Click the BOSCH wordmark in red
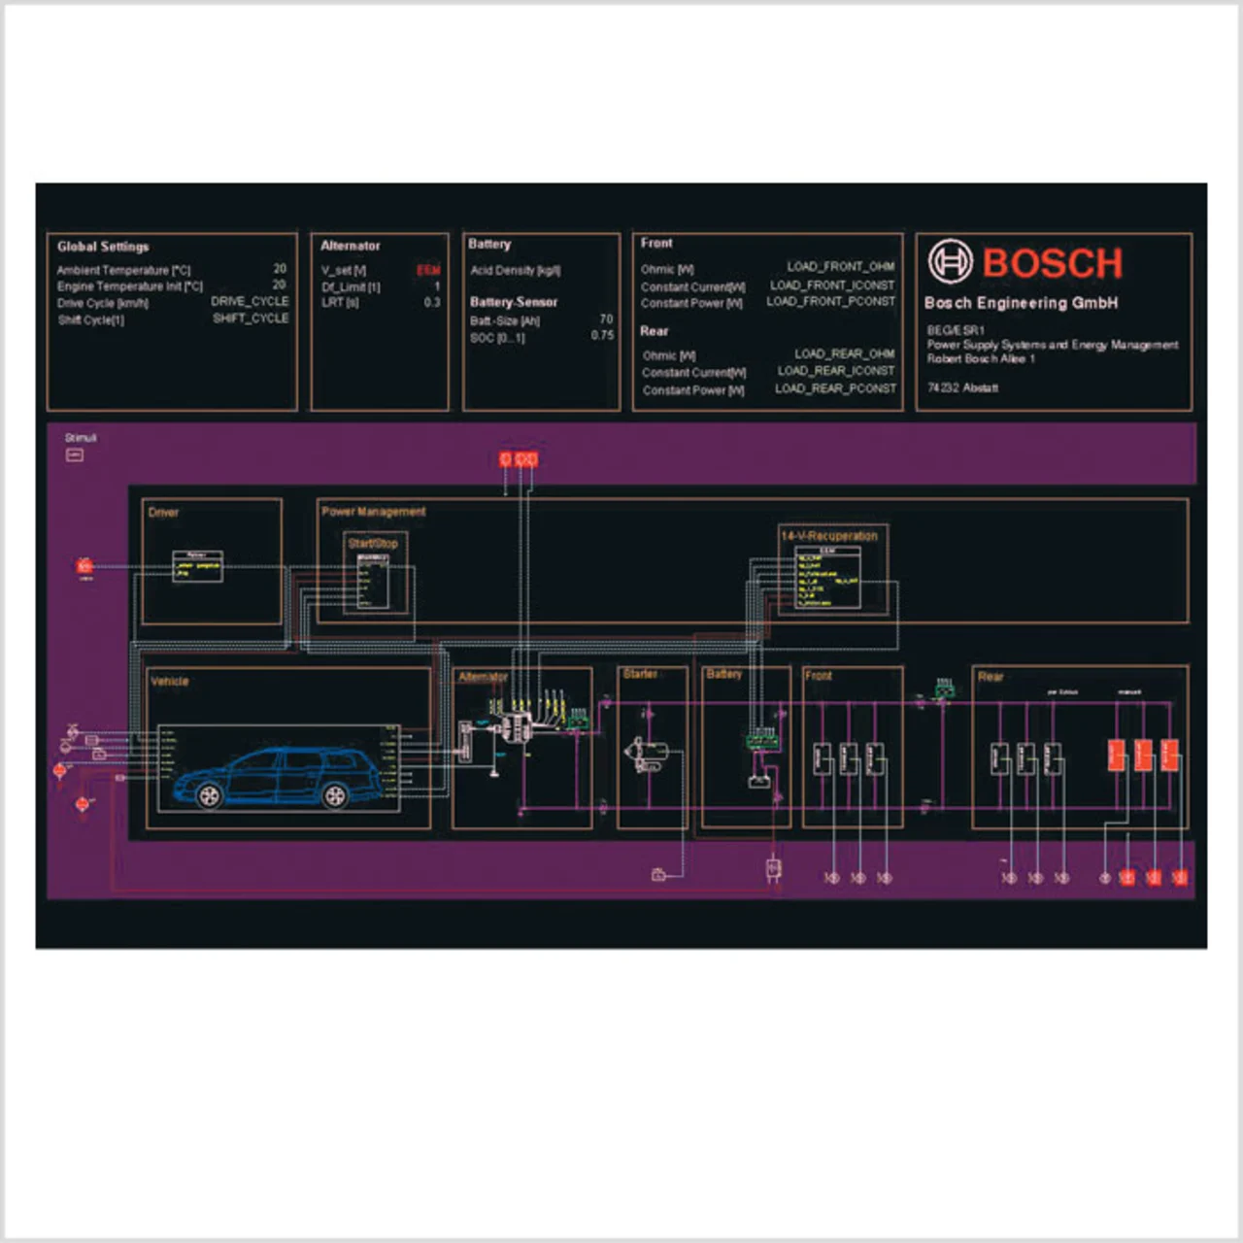[1053, 263]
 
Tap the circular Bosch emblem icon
[950, 261]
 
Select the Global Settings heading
[103, 247]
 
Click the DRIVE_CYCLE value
[250, 301]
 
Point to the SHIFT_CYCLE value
[251, 319]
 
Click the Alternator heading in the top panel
[351, 246]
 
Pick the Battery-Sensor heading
[514, 302]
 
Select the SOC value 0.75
[602, 335]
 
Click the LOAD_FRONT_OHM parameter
[841, 266]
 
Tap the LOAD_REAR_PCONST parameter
[835, 388]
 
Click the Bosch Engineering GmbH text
[1021, 303]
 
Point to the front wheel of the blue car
[209, 796]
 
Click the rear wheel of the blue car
[335, 796]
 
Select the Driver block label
[163, 513]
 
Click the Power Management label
[374, 512]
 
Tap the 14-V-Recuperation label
[829, 536]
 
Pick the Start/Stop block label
[373, 544]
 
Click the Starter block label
[640, 674]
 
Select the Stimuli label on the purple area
[81, 438]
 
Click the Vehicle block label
[170, 682]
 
